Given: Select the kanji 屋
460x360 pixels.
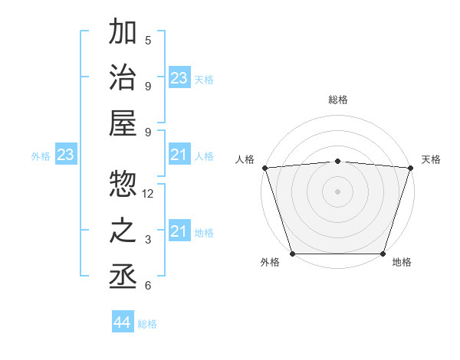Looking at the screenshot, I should (x=123, y=123).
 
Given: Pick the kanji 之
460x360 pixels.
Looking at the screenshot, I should (x=123, y=231).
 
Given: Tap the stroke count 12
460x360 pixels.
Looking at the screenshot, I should (x=149, y=194).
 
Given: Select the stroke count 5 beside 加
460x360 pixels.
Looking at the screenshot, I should (x=148, y=41).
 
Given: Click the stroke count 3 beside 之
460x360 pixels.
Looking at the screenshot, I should (x=148, y=240).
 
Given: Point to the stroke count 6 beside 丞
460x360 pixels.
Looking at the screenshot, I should (x=148, y=286).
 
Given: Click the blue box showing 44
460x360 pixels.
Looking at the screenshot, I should (x=123, y=322).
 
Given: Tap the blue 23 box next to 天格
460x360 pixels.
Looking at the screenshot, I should (x=179, y=78).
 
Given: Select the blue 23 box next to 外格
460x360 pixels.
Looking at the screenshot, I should (x=66, y=155).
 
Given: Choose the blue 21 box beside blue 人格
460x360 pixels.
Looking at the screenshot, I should (x=179, y=155).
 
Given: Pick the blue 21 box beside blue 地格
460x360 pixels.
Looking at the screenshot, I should (x=179, y=231).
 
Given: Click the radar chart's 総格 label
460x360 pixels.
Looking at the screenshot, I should (x=338, y=100).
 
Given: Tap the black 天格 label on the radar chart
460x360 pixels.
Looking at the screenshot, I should (x=431, y=159).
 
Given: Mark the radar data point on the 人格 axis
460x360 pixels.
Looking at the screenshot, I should (x=264, y=168).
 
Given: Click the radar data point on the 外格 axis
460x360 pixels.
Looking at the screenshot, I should (x=293, y=254).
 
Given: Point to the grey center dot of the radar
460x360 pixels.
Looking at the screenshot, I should (x=338, y=191).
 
